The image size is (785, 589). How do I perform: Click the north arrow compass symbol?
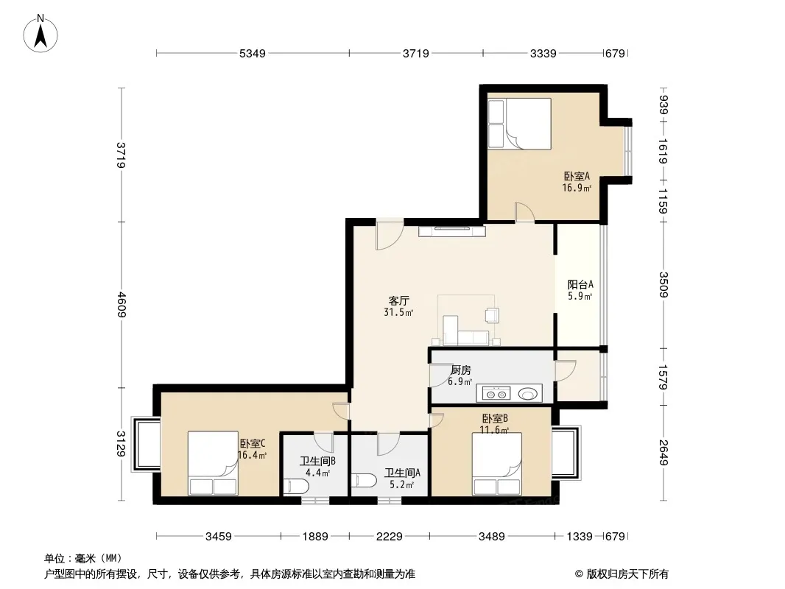[x=41, y=34]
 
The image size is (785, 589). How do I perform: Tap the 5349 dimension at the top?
[x=253, y=53]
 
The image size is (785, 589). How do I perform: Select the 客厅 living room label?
[x=399, y=300]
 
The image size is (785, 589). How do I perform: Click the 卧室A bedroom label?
[x=577, y=176]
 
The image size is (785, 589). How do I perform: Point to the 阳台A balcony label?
[x=580, y=284]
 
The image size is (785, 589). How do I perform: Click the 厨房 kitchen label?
[x=460, y=370]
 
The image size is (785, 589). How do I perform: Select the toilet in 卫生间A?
[x=364, y=481]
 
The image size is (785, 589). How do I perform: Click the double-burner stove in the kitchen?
[x=496, y=394]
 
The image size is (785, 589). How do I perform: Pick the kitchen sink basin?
[x=528, y=394]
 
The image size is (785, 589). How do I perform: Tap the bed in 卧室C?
[x=213, y=463]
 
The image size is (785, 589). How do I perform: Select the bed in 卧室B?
[x=496, y=464]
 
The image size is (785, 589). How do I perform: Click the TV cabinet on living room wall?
[x=452, y=230]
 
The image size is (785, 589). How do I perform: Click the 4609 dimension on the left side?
[x=122, y=305]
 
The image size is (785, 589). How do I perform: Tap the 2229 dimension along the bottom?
[x=390, y=537]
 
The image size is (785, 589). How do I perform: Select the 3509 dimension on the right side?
[x=663, y=285]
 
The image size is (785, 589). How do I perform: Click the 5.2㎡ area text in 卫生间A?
[x=402, y=484]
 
